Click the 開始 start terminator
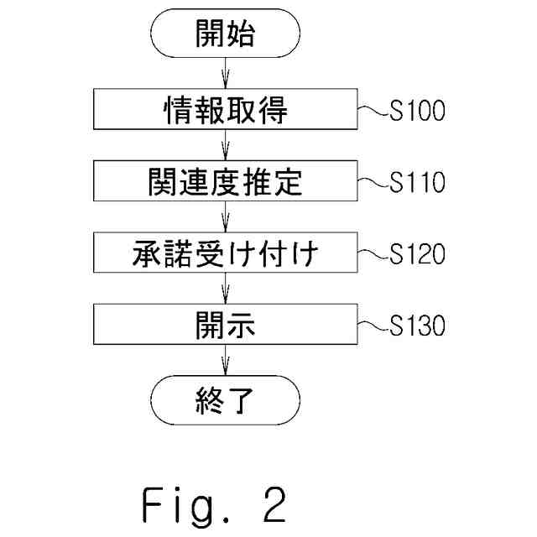pos(226,34)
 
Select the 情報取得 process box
pos(226,109)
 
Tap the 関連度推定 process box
pos(226,181)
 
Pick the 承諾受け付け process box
pos(226,253)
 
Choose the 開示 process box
pos(226,324)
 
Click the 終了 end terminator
pos(226,400)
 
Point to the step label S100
pos(418,110)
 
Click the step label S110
pos(418,182)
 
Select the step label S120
pos(418,253)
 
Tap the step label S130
pos(418,326)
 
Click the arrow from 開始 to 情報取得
pos(226,73)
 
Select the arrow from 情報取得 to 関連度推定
pos(226,145)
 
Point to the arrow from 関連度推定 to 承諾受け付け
pos(226,216)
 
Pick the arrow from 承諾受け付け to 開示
pos(226,289)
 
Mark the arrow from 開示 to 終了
pos(226,360)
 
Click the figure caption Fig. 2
pos(214,506)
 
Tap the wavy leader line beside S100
pos(373,110)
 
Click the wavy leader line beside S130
pos(373,326)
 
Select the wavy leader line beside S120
pos(373,253)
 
